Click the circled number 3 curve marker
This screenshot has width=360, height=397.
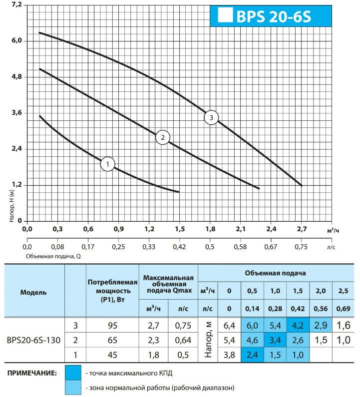pyautogui.click(x=211, y=117)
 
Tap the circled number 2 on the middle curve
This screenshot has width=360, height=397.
pyautogui.click(x=163, y=137)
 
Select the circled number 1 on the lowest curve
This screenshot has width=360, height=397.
pyautogui.click(x=107, y=164)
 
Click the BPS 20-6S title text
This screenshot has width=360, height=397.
pyautogui.click(x=274, y=16)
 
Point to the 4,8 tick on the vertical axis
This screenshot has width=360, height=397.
pyautogui.click(x=17, y=77)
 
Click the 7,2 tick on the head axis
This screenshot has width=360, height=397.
pyautogui.click(x=17, y=5)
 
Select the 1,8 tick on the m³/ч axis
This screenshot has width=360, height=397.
pyautogui.click(x=210, y=229)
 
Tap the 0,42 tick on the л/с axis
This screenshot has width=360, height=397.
pyautogui.click(x=179, y=247)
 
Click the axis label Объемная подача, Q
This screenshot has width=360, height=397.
pyautogui.click(x=53, y=256)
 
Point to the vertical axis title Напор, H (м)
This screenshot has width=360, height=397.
pyautogui.click(x=11, y=206)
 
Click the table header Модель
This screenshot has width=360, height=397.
pyautogui.click(x=33, y=293)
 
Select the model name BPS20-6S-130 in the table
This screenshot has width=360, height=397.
pyautogui.click(x=33, y=340)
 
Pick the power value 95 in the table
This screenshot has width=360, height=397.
pyautogui.click(x=112, y=326)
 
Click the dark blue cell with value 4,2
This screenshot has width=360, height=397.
pyautogui.click(x=298, y=325)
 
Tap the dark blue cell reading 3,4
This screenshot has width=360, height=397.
pyautogui.click(x=275, y=340)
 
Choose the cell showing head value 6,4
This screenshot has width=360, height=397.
pyautogui.click(x=229, y=326)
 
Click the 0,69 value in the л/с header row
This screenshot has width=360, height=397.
pyautogui.click(x=344, y=309)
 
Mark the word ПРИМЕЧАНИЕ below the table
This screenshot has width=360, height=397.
pyautogui.click(x=32, y=373)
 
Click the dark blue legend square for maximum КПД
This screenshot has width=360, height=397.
pyautogui.click(x=73, y=373)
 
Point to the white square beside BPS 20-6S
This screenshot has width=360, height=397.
pyautogui.click(x=225, y=14)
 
